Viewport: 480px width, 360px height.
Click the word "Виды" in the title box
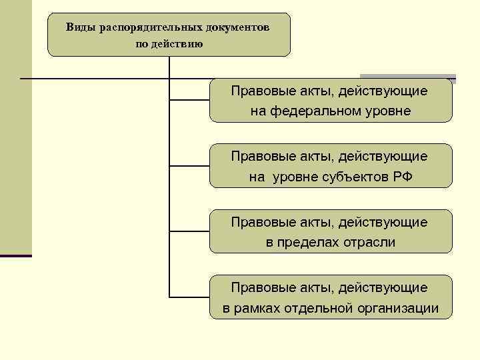80,28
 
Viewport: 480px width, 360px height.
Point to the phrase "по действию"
169,44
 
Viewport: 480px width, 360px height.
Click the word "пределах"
309,242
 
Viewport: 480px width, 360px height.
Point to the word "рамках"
259,308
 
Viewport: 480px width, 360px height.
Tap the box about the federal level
331,100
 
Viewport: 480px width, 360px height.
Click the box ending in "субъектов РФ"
331,166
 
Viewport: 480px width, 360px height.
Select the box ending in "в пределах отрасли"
331,231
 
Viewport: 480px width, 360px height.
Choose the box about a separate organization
331,297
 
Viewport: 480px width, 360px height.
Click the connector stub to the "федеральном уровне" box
190,101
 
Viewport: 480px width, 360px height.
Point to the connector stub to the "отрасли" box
190,231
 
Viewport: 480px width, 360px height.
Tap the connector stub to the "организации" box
190,297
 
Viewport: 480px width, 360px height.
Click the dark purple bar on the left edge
16,255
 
